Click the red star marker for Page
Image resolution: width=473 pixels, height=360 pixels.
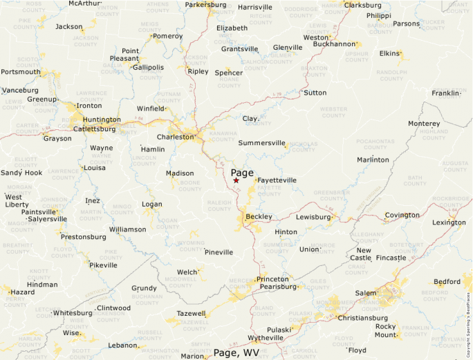pos(236,180)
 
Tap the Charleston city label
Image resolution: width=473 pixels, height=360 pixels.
pos(176,137)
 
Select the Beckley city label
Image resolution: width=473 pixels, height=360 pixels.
pos(259,216)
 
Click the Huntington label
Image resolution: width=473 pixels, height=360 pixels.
pos(102,120)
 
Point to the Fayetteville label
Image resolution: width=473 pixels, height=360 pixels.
pos(277,180)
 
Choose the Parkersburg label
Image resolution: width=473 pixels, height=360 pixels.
pos(205,5)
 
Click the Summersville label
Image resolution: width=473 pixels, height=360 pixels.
pos(261,143)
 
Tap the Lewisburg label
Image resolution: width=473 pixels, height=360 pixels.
pos(313,217)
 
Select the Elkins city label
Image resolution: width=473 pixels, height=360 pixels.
pos(389,53)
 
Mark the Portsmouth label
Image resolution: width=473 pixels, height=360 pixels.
pos(21,72)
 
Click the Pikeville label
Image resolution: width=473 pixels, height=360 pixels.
pos(103,265)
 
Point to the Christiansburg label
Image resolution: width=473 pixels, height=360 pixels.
pos(362,318)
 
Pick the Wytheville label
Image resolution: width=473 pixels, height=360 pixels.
pos(265,338)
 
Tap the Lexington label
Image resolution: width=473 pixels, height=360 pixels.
pos(449,222)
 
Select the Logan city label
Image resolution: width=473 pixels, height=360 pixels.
pos(151,205)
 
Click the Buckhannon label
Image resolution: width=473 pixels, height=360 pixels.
pos(333,44)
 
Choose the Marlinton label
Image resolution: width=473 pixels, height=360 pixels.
pos(373,160)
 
